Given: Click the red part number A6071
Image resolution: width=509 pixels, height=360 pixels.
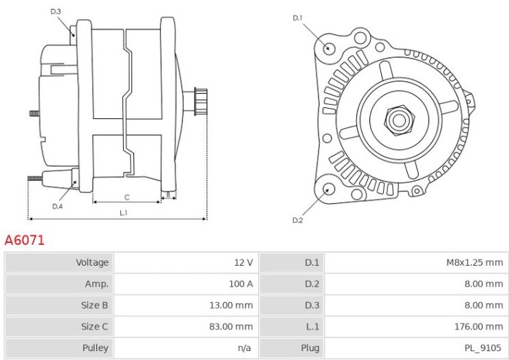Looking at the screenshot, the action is [x=24, y=240].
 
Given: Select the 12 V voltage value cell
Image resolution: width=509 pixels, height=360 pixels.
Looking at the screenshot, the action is [x=243, y=262].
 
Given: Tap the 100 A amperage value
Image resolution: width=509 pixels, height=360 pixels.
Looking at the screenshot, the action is [x=241, y=284].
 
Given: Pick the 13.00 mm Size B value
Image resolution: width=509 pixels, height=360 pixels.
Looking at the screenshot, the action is [x=231, y=305].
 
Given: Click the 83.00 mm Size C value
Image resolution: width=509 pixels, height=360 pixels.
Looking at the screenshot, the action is [x=231, y=326].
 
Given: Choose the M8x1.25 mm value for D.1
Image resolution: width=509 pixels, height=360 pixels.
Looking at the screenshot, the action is [x=475, y=262].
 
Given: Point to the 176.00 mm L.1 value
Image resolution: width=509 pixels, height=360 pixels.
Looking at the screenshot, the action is [x=479, y=326].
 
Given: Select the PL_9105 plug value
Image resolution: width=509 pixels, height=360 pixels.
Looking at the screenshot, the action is [x=483, y=348].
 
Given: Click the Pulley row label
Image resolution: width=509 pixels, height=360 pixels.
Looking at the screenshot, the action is [x=95, y=348].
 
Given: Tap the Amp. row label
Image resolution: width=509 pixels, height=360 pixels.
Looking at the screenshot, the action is [x=96, y=284].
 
